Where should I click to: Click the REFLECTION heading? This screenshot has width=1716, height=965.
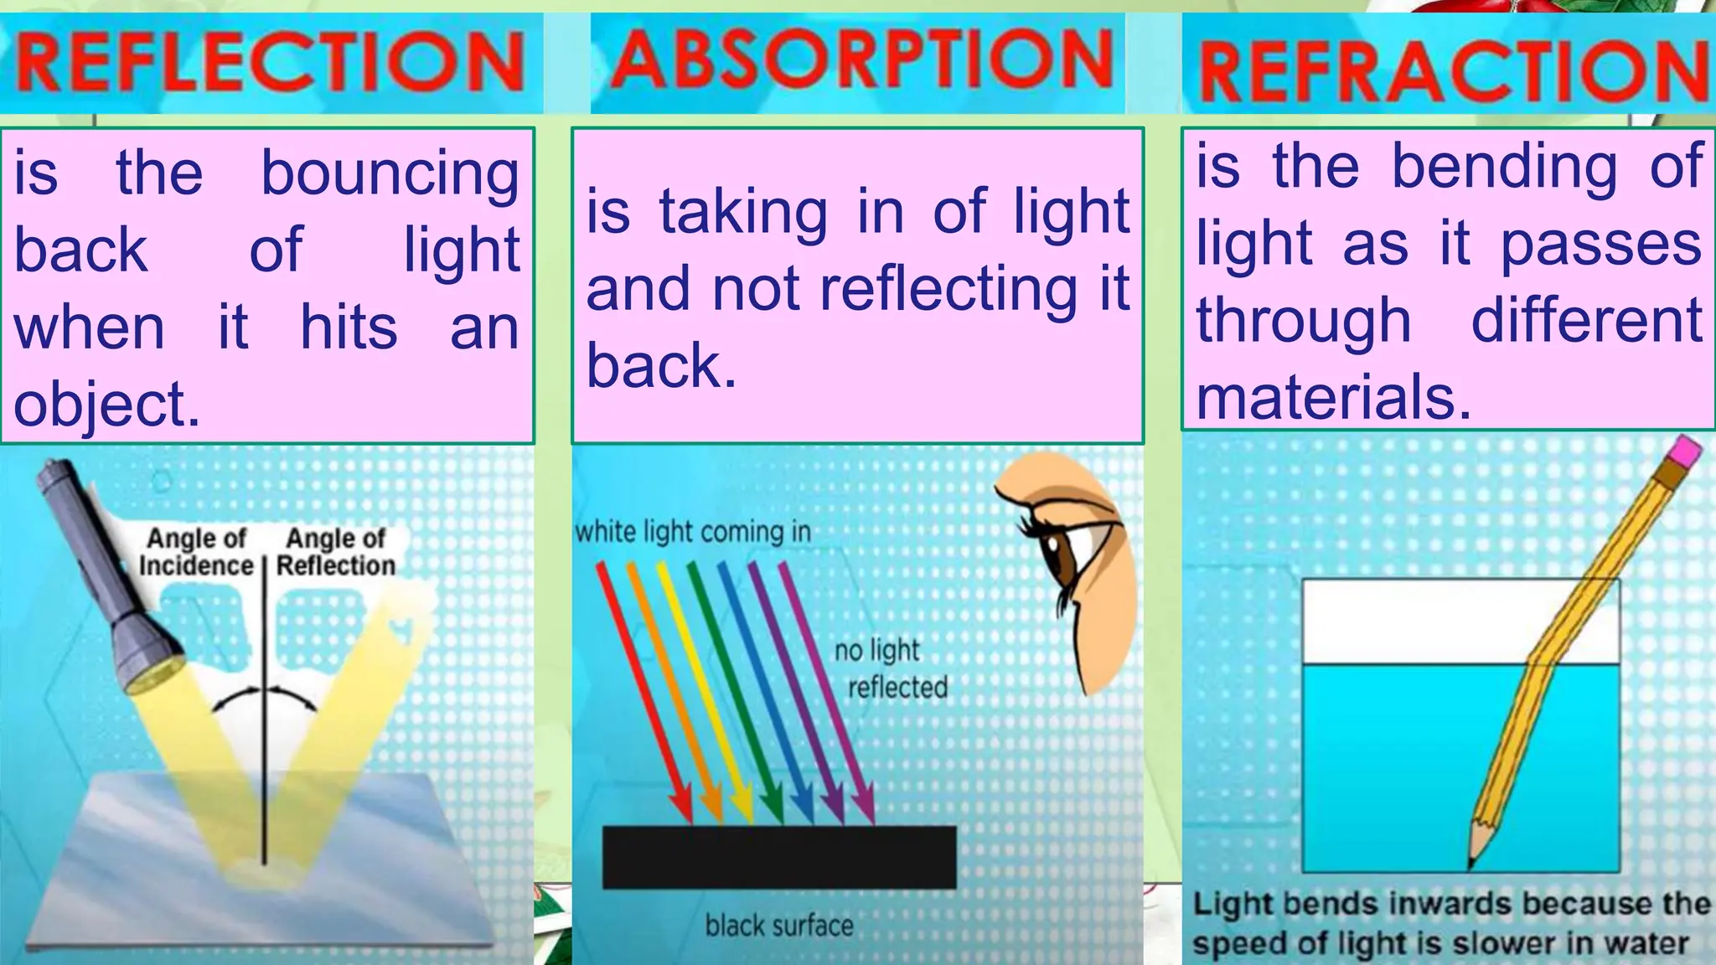(270, 63)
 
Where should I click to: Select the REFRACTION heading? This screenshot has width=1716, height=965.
(1451, 69)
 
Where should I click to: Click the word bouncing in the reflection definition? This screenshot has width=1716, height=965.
(390, 174)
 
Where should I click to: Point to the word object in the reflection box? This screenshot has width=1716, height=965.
(106, 405)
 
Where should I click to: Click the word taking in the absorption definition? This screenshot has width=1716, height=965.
(743, 211)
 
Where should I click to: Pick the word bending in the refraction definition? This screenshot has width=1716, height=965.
(1505, 167)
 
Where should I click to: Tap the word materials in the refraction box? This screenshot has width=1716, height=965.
(1333, 397)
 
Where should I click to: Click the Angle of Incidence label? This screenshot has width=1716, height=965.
(196, 551)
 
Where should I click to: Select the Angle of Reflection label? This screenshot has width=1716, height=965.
(336, 551)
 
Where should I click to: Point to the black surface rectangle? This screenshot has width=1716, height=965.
(779, 856)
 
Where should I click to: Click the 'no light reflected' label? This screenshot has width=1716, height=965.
(889, 668)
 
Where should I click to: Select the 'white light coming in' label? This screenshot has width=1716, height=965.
(693, 531)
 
